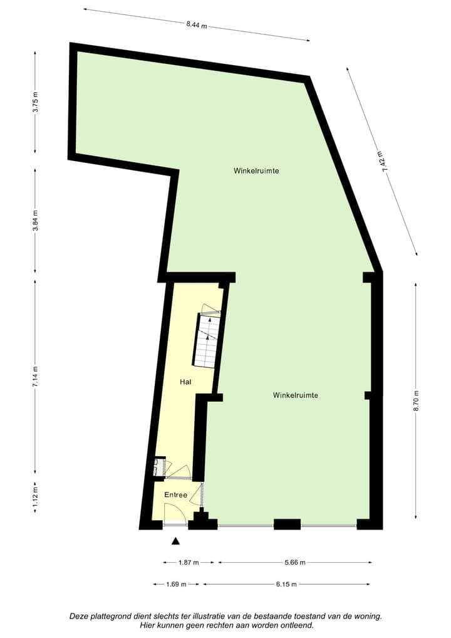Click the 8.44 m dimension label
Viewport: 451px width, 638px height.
coord(196,26)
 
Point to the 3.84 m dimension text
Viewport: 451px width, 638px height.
coord(36,221)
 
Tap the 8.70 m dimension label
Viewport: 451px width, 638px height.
coord(415,400)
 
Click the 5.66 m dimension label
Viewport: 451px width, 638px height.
coord(294,563)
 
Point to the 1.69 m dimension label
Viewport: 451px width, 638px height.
coord(176,585)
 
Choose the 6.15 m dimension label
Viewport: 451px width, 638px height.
coord(285,585)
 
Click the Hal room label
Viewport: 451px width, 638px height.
coord(185,382)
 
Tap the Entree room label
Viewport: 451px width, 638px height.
coord(176,495)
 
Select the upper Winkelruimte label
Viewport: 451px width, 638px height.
coord(256,170)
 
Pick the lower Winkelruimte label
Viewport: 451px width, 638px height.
coord(296,395)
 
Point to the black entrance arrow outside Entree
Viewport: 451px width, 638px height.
coord(176,541)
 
